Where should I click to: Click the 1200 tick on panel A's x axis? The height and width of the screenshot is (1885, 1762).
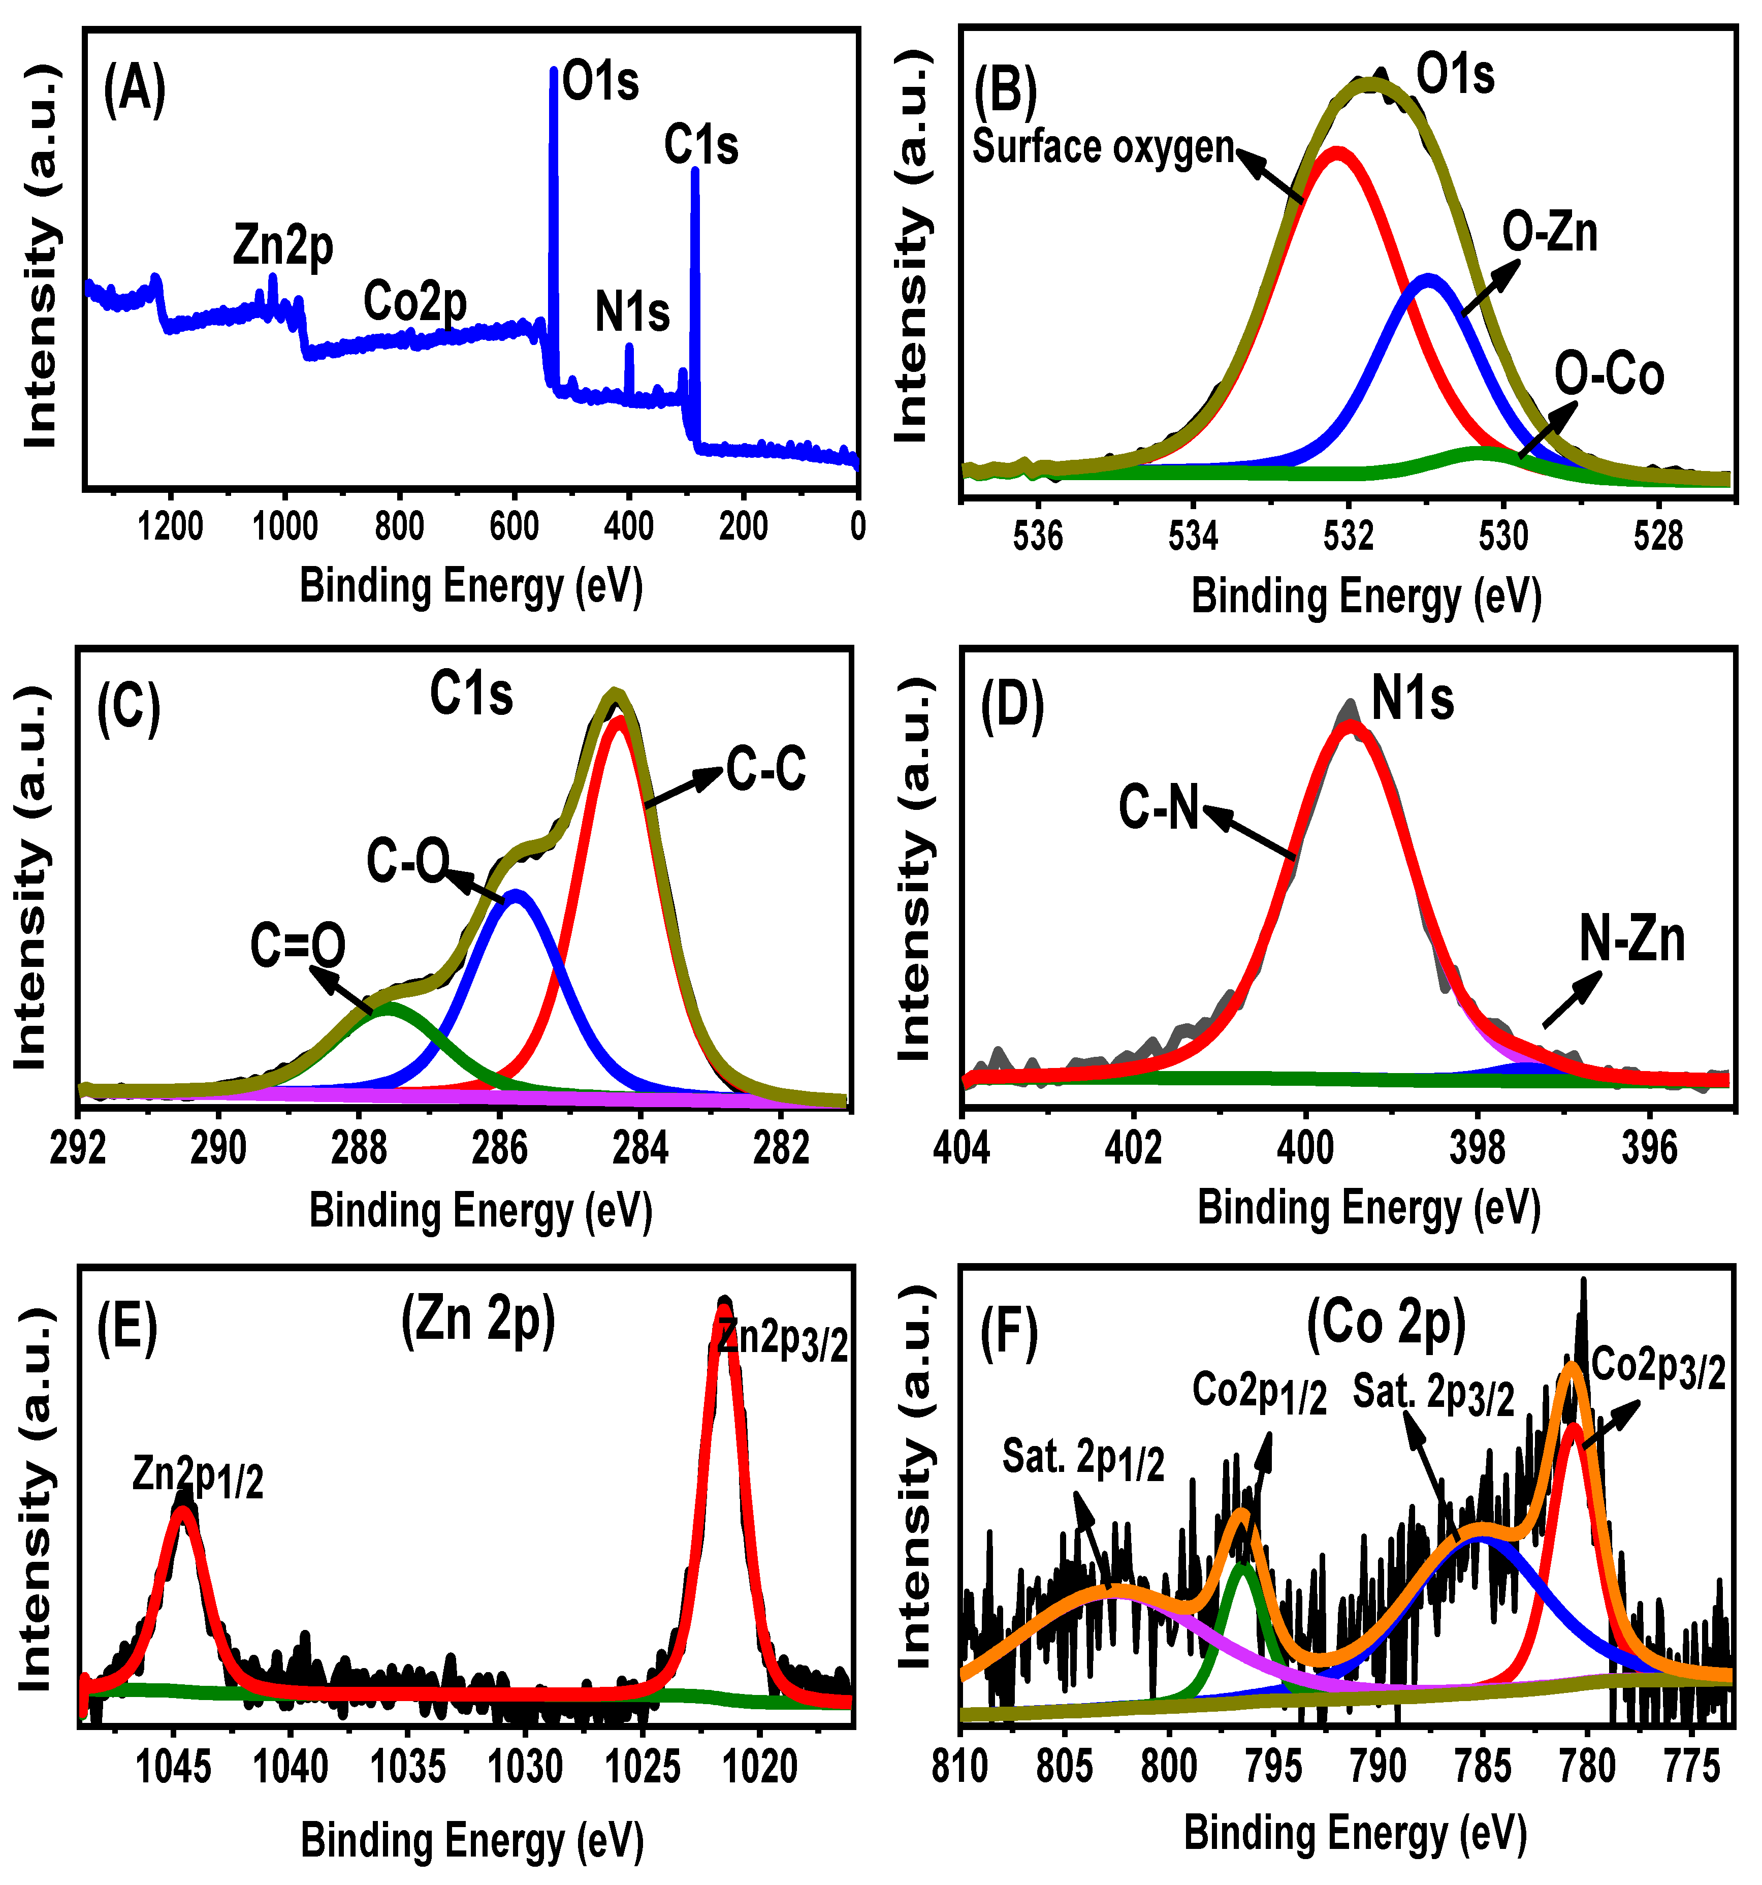[171, 526]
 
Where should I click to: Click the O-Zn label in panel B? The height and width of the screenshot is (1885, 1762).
[1550, 232]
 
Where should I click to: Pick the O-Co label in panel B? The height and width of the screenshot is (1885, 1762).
[1609, 375]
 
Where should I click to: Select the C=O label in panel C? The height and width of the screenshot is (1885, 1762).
[298, 946]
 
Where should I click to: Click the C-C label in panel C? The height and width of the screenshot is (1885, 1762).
[766, 769]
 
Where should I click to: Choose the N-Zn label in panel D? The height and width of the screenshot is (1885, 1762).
[1632, 939]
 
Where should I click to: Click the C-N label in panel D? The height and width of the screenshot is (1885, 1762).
[1158, 808]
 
